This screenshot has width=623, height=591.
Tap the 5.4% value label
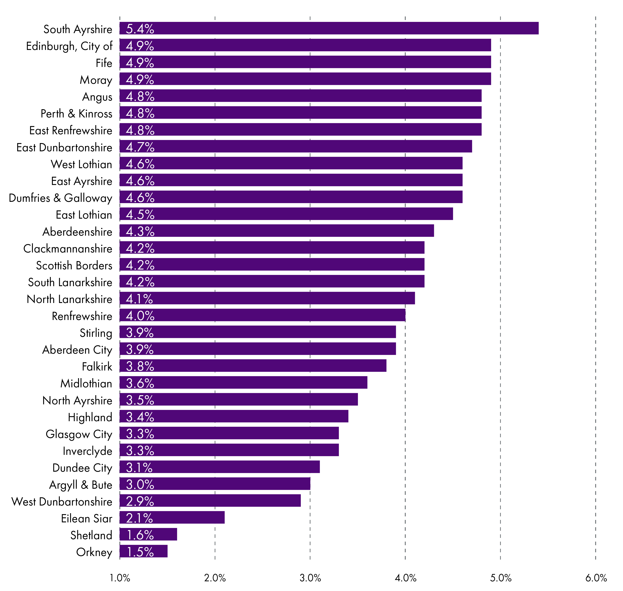click(140, 29)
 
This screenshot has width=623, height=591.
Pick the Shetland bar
click(148, 535)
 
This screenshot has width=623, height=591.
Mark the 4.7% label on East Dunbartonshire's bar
click(140, 147)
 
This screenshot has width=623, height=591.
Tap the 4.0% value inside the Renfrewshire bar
click(140, 316)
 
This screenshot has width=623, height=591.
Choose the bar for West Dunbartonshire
click(210, 501)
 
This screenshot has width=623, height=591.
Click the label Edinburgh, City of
click(69, 46)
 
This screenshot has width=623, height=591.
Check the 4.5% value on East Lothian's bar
click(140, 215)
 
